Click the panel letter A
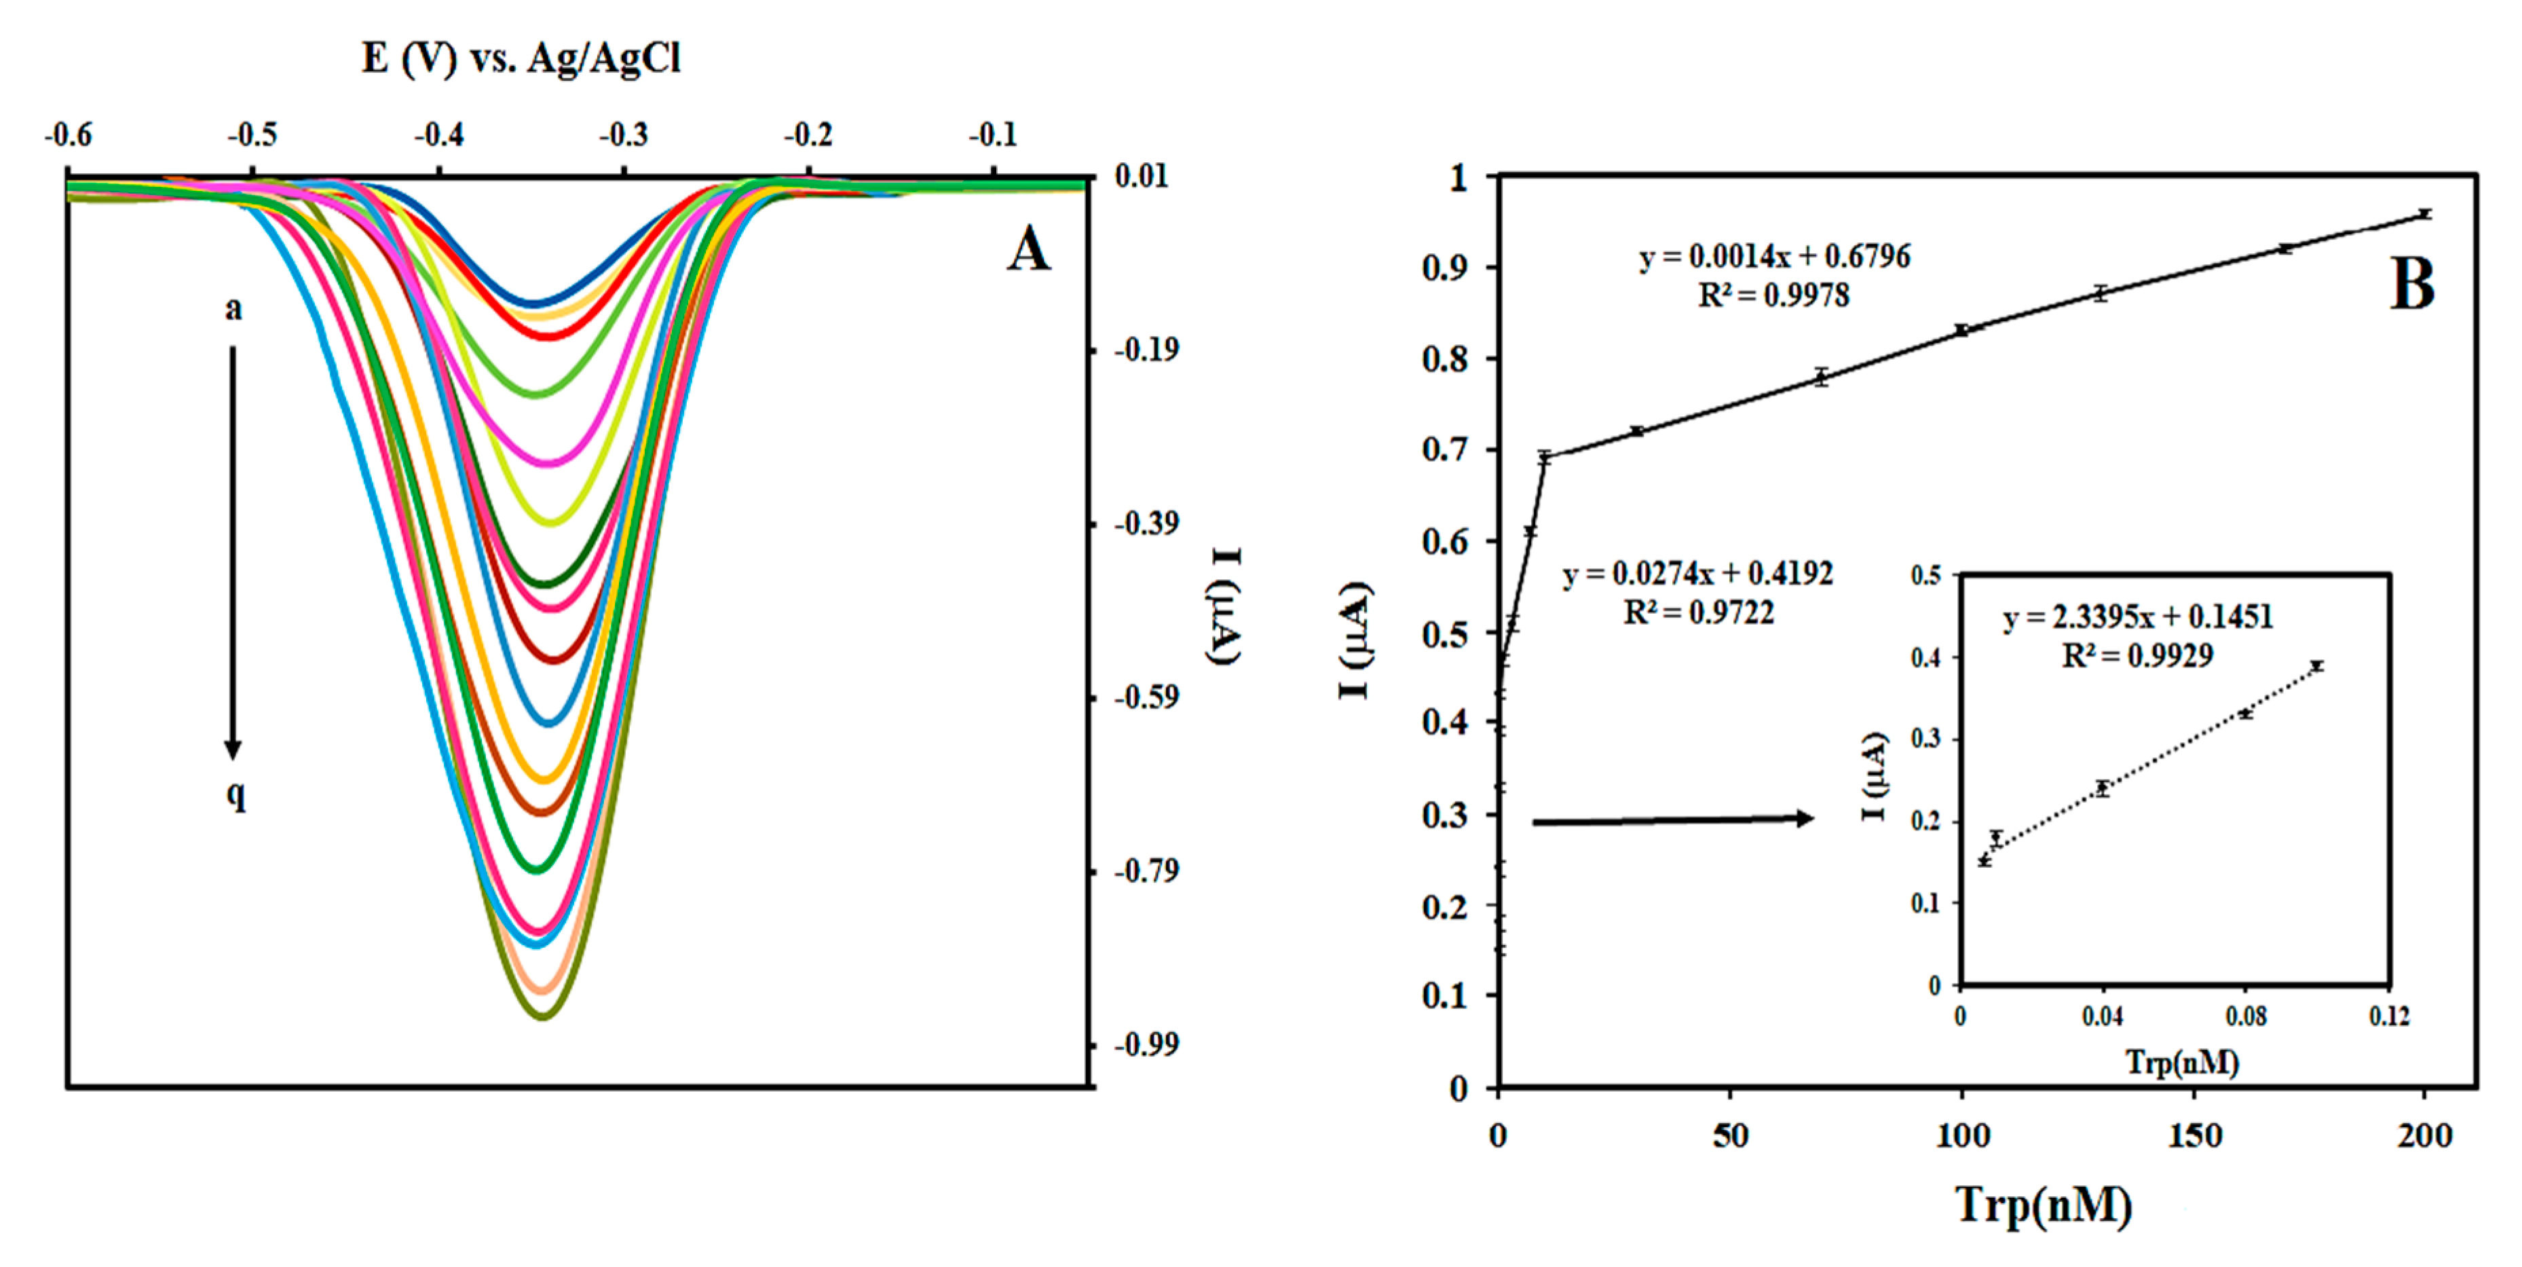[1028, 250]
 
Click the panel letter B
[2411, 285]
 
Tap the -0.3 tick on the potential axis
[624, 135]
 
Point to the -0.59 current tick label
[1146, 698]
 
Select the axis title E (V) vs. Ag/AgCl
[520, 59]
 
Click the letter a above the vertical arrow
[233, 310]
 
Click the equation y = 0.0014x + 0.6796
[1774, 257]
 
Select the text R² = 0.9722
[1699, 613]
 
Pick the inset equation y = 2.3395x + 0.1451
[2137, 617]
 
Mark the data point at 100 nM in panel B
[1962, 330]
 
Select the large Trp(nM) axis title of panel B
[2044, 1205]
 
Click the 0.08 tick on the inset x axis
[2245, 1017]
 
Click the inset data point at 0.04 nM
[2102, 787]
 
